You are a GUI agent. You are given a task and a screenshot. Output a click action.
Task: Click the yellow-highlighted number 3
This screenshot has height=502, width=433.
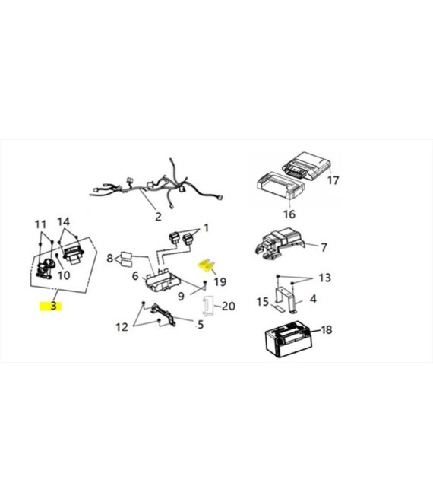(x=53, y=306)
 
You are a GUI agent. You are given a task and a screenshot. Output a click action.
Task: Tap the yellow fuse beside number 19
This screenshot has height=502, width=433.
(x=207, y=265)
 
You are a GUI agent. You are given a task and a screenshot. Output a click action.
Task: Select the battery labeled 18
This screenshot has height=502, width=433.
(x=289, y=340)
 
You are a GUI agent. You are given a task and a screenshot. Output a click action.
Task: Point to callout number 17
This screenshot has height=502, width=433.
(x=333, y=180)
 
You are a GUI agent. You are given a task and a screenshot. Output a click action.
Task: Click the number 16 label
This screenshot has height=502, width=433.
(x=289, y=214)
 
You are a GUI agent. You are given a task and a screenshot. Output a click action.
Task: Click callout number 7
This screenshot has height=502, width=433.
(x=324, y=247)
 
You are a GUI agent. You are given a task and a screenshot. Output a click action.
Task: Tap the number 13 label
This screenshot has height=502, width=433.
(x=324, y=278)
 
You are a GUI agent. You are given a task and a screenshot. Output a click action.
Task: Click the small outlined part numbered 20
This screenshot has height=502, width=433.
(x=207, y=306)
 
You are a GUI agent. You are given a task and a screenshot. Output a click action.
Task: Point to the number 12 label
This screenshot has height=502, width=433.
(x=122, y=327)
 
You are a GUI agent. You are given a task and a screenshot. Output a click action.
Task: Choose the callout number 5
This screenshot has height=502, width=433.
(x=201, y=325)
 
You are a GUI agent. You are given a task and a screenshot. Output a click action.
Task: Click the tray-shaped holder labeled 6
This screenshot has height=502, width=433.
(x=163, y=281)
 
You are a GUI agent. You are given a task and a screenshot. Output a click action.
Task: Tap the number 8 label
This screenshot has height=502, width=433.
(x=109, y=258)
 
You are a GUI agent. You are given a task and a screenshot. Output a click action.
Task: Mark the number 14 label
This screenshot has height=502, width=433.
(x=64, y=221)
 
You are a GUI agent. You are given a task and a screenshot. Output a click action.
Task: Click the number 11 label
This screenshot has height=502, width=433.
(x=40, y=224)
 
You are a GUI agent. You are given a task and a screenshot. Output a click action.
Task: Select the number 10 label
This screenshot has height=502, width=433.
(x=64, y=275)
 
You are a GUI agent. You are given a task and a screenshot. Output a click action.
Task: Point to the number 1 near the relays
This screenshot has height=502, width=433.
(x=207, y=228)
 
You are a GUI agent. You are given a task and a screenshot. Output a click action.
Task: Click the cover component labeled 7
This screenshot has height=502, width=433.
(x=280, y=244)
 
